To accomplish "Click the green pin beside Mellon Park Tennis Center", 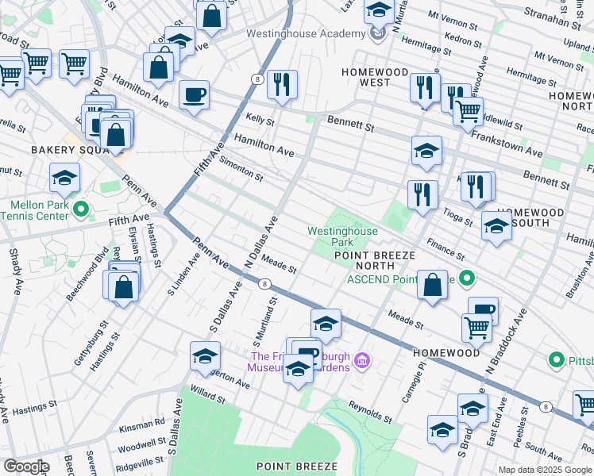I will pyautogui.click(x=79, y=209).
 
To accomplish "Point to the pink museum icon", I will pyautogui.click(x=362, y=362).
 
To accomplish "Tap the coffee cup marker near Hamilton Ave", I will pyautogui.click(x=194, y=96).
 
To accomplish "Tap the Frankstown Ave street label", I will pyautogui.click(x=507, y=142).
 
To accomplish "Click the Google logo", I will pyautogui.click(x=25, y=466).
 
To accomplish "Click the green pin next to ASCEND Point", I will pyautogui.click(x=468, y=278).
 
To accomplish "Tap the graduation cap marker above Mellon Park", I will pyautogui.click(x=64, y=178).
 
